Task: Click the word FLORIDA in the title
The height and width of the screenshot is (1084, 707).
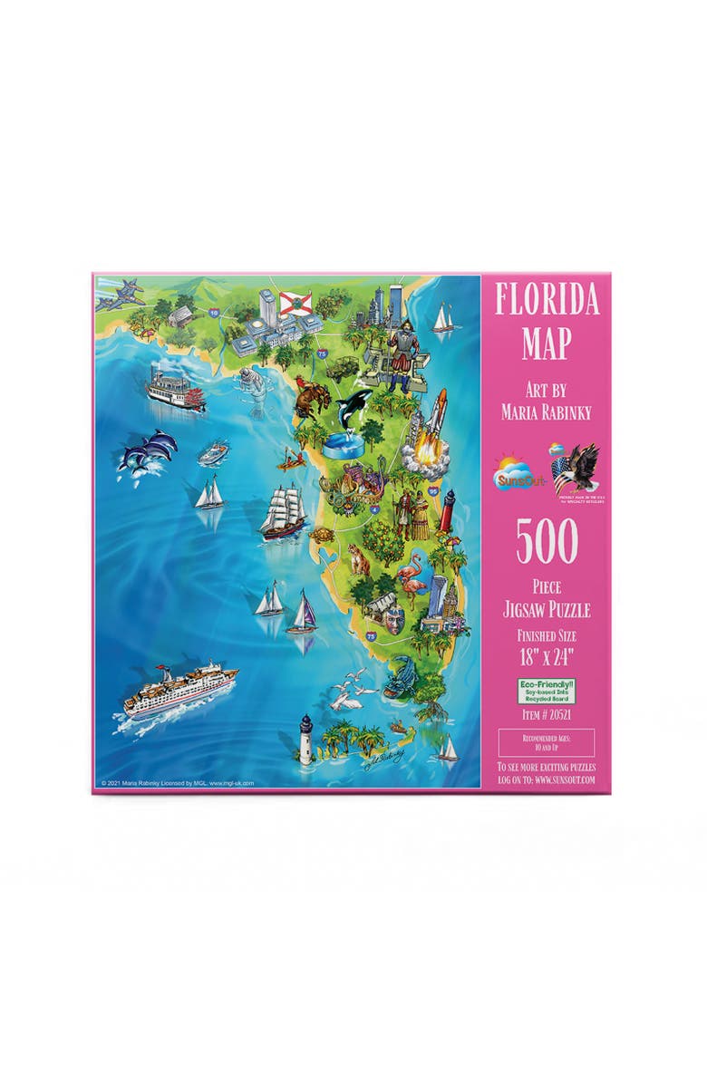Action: (x=547, y=300)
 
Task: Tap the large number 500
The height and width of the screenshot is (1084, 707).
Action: (x=547, y=541)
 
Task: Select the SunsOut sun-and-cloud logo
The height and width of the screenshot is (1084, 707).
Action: (x=517, y=472)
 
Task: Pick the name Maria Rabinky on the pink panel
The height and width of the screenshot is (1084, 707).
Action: (x=547, y=412)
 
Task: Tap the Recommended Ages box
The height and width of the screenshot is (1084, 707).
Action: (x=547, y=742)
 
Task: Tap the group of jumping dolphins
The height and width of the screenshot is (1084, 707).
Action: (x=147, y=450)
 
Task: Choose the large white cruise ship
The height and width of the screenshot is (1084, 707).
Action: (x=179, y=690)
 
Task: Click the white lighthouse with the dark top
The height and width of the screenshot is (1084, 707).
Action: (x=306, y=735)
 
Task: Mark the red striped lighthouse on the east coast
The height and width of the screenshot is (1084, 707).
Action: (x=447, y=509)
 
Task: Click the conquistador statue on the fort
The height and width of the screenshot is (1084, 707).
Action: (x=400, y=345)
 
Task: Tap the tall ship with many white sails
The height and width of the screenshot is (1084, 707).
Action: (x=282, y=511)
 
